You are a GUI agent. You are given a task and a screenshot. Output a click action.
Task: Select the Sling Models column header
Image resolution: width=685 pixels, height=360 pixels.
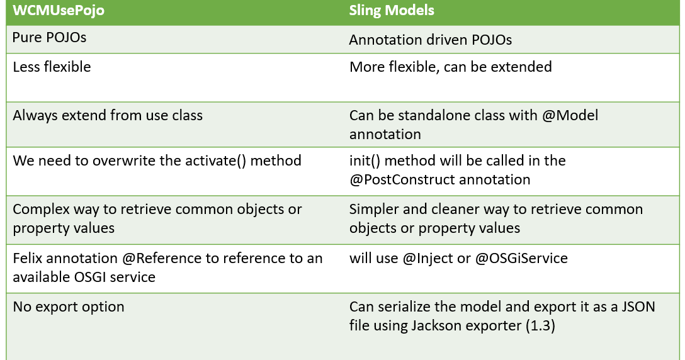(392, 11)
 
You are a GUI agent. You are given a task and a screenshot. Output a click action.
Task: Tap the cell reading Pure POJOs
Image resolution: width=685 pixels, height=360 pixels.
(50, 37)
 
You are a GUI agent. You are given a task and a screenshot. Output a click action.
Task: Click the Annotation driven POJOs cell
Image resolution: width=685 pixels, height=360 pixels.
(431, 40)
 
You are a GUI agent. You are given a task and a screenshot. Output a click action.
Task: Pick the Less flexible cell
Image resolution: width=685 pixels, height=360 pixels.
(52, 67)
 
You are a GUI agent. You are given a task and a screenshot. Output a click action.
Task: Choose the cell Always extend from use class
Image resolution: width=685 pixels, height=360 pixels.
(107, 115)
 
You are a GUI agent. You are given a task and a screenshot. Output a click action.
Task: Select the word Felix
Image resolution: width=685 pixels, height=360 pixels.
(28, 257)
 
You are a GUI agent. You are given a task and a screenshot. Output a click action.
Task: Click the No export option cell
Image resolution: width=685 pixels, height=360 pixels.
(69, 307)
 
